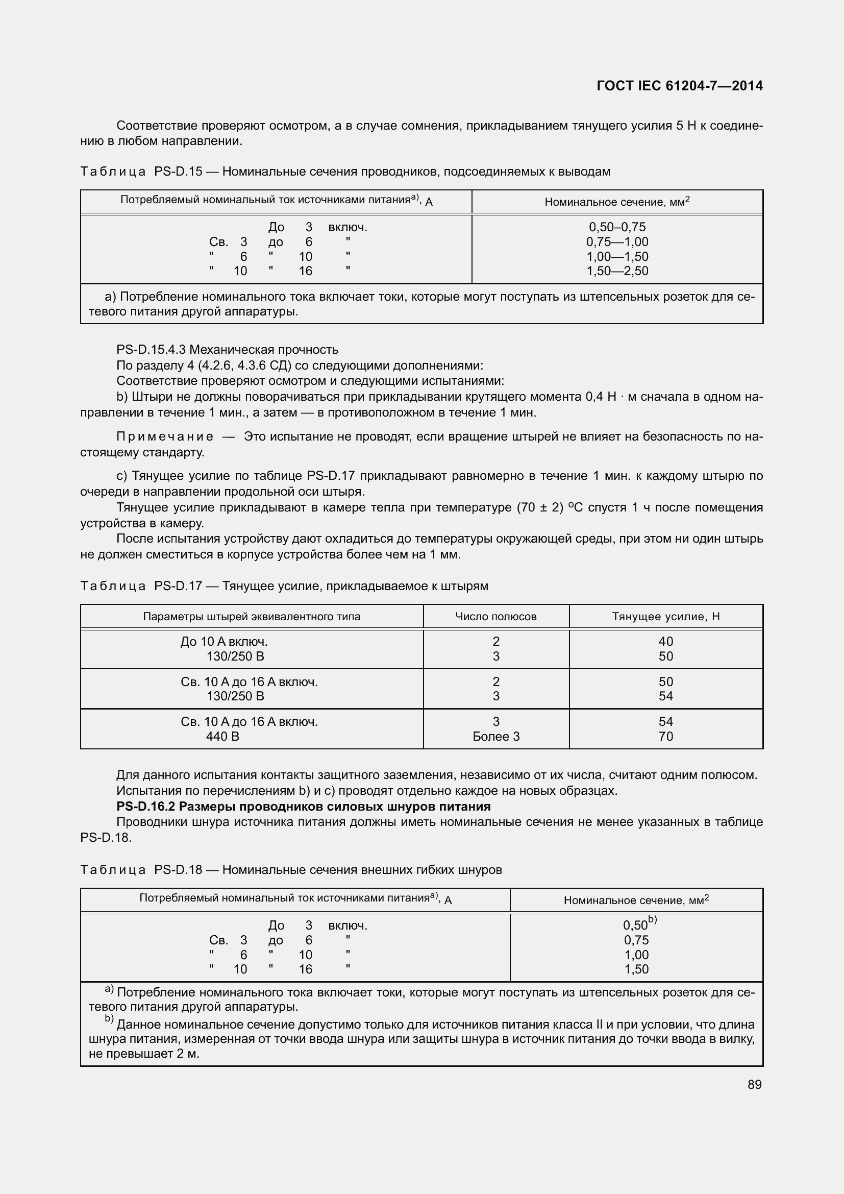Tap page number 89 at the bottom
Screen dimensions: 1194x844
(755, 1084)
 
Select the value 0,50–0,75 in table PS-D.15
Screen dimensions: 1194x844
(617, 227)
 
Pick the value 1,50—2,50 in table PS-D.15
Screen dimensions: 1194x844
(617, 271)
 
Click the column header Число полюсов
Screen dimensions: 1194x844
(496, 617)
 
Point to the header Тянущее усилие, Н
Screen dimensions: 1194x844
(665, 617)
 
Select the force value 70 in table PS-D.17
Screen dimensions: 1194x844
(665, 737)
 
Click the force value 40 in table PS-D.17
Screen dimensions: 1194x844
(665, 642)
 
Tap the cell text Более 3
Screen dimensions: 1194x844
(496, 737)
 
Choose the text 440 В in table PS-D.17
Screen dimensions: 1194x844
(222, 737)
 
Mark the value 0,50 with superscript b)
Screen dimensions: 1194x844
(636, 925)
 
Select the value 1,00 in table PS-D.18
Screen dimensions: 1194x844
(636, 955)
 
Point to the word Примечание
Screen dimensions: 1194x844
(165, 436)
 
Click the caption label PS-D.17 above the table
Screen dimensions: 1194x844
(178, 586)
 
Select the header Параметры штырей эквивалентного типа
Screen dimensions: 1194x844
(252, 617)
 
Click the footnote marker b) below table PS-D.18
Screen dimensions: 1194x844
(109, 1019)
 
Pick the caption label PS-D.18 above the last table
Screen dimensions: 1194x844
(178, 870)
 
